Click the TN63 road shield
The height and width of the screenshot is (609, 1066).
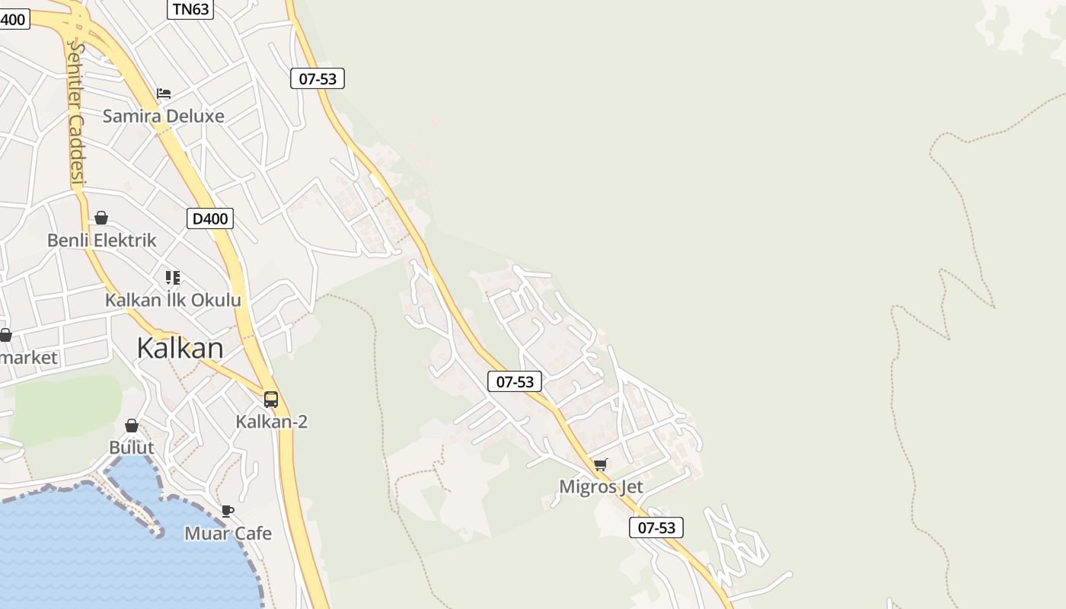190,9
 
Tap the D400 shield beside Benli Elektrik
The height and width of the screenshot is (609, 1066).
210,219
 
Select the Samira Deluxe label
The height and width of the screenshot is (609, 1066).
163,116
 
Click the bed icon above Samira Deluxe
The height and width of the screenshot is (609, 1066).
164,94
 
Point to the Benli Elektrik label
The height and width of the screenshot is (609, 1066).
102,241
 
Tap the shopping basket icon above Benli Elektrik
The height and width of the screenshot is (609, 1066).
101,218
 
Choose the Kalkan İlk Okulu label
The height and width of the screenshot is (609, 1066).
173,300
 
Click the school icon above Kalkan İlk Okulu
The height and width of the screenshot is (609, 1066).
173,278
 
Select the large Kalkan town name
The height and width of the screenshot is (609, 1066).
180,348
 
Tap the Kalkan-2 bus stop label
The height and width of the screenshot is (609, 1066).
272,422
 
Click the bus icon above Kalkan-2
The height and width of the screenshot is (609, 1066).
271,400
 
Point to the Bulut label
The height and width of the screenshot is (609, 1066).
132,448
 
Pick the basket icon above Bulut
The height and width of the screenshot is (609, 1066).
132,426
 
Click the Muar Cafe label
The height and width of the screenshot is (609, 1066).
228,534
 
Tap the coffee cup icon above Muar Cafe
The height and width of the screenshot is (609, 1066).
227,512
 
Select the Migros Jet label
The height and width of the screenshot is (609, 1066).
601,487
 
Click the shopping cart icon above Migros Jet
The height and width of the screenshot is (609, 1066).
601,465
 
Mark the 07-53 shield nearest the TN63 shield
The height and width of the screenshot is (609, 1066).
318,78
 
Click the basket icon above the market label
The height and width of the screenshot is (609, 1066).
5,335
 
